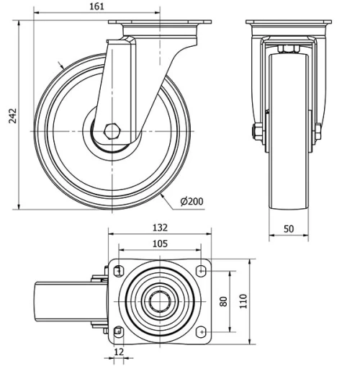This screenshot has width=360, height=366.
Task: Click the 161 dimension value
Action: pyautogui.click(x=97, y=6)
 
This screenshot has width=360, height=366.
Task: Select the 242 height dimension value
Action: pyautogui.click(x=12, y=116)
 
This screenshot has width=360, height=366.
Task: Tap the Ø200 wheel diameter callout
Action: pyautogui.click(x=192, y=201)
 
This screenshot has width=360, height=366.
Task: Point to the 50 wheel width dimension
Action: pyautogui.click(x=289, y=229)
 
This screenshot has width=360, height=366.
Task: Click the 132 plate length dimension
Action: pyautogui.click(x=160, y=228)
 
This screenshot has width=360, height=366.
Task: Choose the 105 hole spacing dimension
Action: pyautogui.click(x=160, y=244)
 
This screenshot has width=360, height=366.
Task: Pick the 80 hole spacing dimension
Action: pyautogui.click(x=224, y=301)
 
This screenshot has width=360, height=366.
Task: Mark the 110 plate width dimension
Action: pyautogui.click(x=243, y=301)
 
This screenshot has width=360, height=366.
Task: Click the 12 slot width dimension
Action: pyautogui.click(x=119, y=352)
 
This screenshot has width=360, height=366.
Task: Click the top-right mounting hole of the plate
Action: pyautogui.click(x=201, y=271)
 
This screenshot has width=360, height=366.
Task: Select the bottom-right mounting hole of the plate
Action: pyautogui.click(x=201, y=332)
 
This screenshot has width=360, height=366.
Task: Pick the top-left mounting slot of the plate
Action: pyautogui.click(x=119, y=271)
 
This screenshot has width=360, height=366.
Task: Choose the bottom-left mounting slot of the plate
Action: pyautogui.click(x=119, y=332)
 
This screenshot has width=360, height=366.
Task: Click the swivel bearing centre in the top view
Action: pyautogui.click(x=160, y=301)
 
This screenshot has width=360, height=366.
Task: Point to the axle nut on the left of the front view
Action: pyautogui.click(x=257, y=132)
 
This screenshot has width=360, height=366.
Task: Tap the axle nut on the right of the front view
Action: pyautogui.click(x=318, y=132)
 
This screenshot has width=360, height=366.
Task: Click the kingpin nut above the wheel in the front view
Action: pyautogui.click(x=289, y=49)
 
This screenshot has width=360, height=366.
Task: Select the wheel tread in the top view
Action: pyautogui.click(x=71, y=301)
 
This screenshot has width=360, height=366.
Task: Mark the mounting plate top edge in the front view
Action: pyautogui.click(x=289, y=22)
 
